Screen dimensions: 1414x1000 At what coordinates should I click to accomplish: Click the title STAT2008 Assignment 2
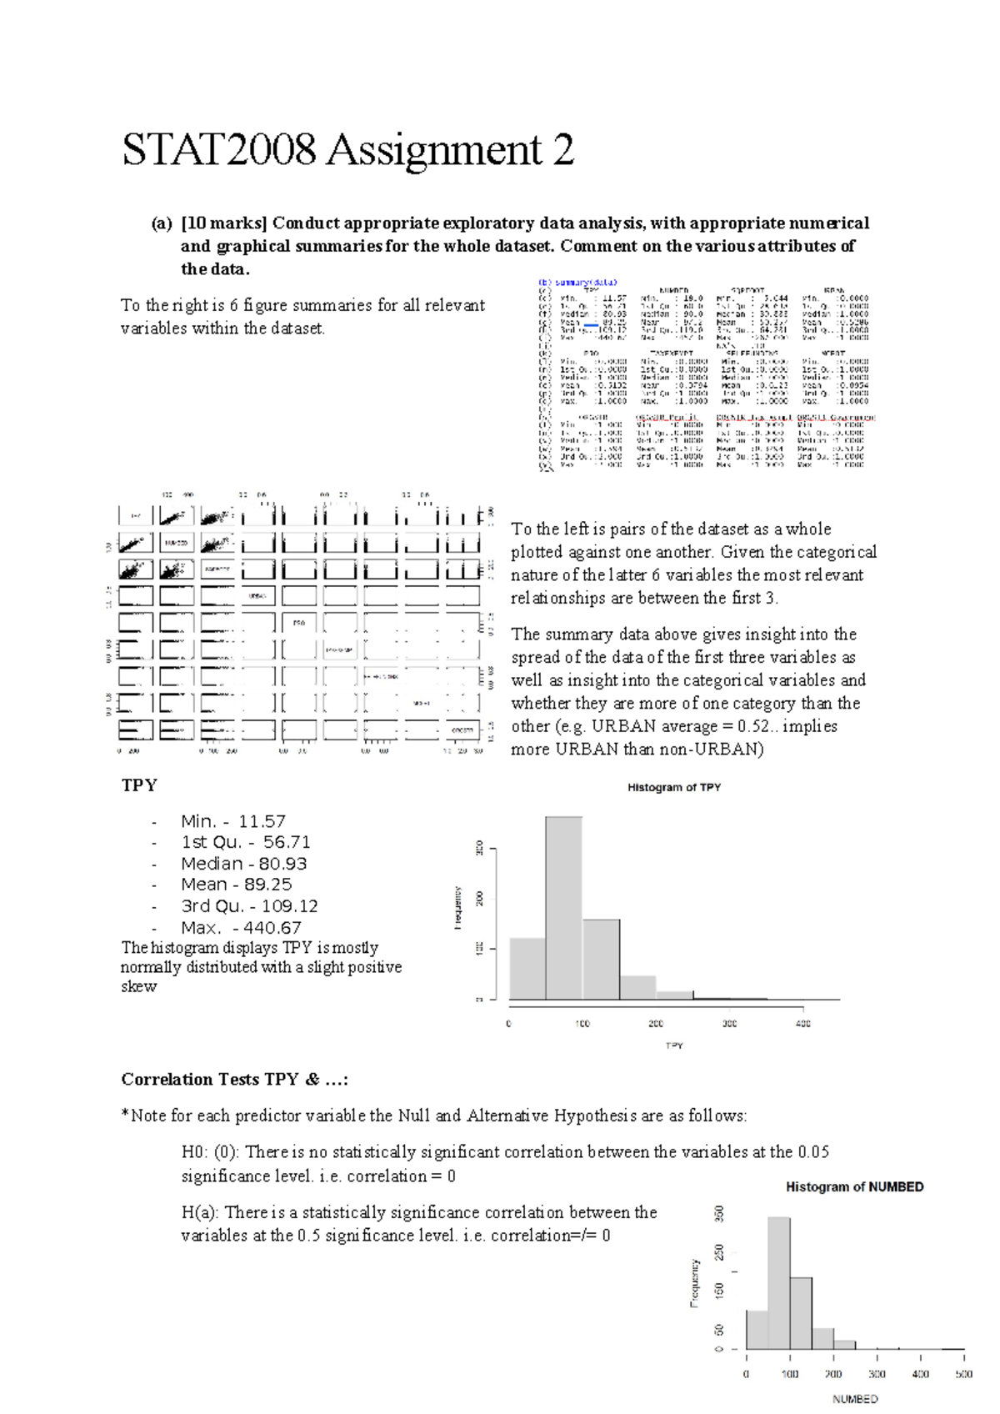click(347, 151)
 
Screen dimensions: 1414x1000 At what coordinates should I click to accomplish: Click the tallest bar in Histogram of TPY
click(564, 909)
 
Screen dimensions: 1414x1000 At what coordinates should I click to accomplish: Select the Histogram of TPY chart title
click(673, 787)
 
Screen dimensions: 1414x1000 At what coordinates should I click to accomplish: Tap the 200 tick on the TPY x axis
click(656, 1023)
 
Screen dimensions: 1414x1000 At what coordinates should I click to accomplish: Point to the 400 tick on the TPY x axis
click(802, 1023)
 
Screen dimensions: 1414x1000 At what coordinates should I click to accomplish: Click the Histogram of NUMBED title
click(854, 1186)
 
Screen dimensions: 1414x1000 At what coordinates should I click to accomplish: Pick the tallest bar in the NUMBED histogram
click(779, 1284)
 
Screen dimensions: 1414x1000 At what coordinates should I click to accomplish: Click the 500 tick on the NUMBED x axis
click(963, 1374)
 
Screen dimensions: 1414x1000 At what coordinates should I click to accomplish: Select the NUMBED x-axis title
click(854, 1399)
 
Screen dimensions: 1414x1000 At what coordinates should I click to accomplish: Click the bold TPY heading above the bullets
click(139, 785)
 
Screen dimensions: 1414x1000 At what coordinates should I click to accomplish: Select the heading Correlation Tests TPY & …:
click(234, 1080)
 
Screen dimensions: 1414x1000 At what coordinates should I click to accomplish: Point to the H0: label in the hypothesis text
click(194, 1152)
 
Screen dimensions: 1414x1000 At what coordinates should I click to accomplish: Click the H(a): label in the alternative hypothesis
click(200, 1212)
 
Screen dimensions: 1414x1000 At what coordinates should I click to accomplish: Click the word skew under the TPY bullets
click(138, 986)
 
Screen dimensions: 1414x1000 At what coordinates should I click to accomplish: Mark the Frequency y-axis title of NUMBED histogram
click(694, 1282)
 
